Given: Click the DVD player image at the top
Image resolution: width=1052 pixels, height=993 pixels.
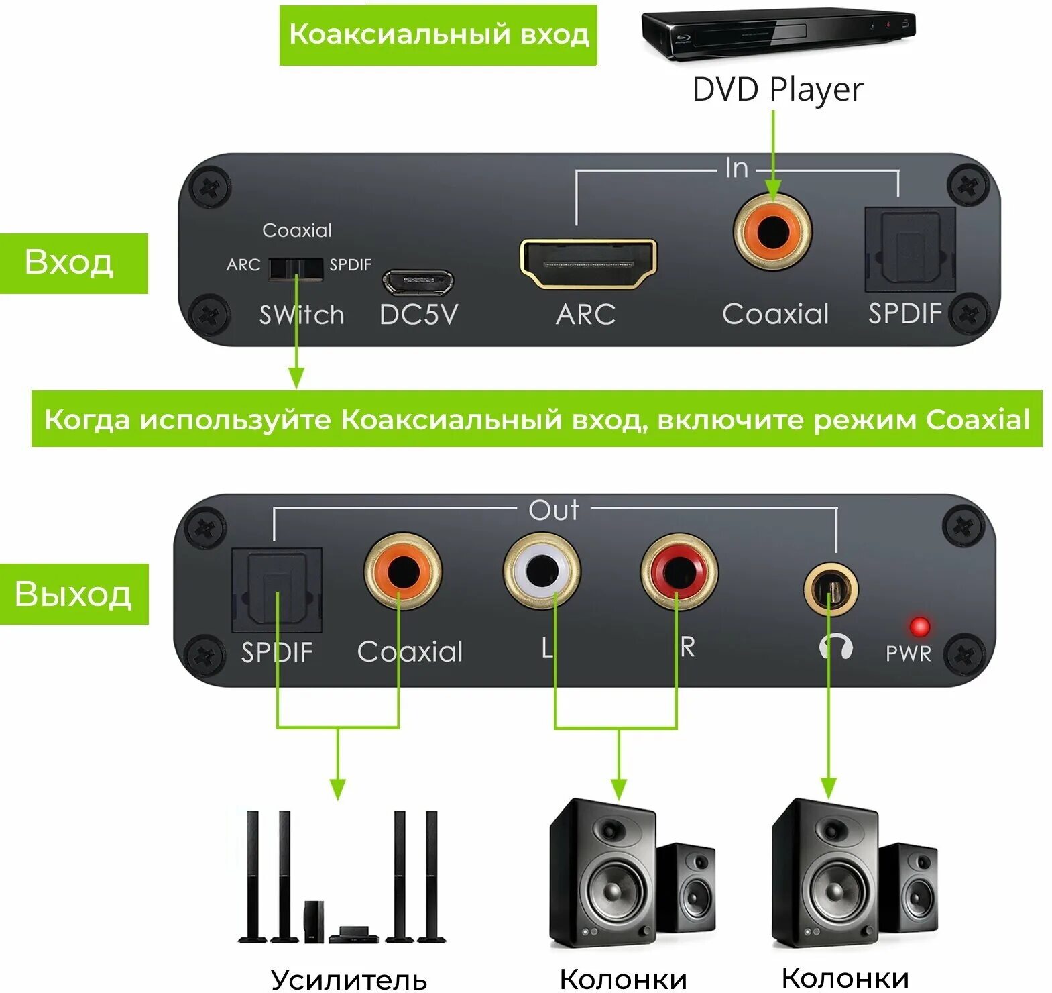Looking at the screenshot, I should point(778,34).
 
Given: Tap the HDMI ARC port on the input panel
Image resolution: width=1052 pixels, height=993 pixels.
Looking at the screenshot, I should point(588,264).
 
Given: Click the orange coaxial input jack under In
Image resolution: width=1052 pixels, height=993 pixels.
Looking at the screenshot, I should point(773,231).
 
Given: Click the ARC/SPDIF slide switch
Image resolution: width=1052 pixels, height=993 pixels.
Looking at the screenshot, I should point(296,268).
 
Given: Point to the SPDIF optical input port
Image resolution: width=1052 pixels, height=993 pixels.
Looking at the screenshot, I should point(910,249).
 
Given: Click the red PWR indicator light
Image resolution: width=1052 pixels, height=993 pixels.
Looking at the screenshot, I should point(919,627).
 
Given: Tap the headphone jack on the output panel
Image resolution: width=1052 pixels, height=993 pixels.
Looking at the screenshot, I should point(830,590).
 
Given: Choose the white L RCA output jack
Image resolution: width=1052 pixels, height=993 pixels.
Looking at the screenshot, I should point(542,571).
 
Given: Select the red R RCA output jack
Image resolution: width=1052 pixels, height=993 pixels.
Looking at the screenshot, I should point(679,571).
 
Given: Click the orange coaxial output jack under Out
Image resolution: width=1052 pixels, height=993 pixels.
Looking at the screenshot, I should point(402,571).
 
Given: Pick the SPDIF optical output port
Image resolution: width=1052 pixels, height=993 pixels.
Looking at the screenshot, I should point(277,590).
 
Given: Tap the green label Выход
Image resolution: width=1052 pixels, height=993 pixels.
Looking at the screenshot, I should point(73,594).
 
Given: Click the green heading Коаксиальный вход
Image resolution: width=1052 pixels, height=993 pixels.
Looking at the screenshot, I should point(438,35).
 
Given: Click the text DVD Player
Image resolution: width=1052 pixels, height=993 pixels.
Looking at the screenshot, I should point(777,90).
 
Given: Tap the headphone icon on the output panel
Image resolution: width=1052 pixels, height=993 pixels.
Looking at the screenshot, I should point(835,647).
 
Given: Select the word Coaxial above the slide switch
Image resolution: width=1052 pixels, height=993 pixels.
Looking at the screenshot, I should point(296,230).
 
